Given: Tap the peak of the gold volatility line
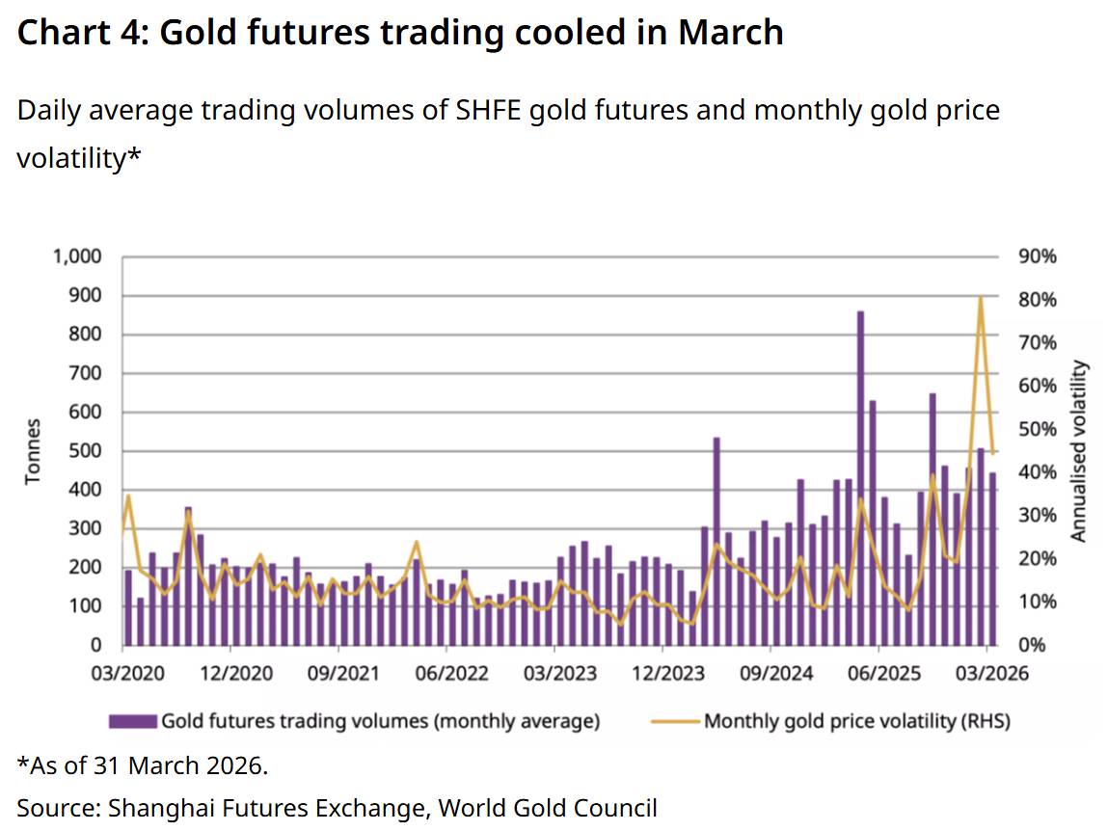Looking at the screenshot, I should pos(981,298).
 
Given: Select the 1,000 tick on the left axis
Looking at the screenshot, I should pos(74,257).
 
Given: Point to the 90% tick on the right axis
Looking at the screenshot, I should pos(1038,257).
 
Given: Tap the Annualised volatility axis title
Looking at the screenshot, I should pos(1079,451).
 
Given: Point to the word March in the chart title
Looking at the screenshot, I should pos(730,34).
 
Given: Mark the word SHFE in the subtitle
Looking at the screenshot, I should pos(488,111).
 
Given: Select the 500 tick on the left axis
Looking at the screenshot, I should pos(84,451).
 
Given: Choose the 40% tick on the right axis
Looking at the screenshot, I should pos(1038,472).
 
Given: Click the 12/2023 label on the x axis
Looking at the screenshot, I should pos(662,673).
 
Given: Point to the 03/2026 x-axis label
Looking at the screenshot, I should pos(985,673).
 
